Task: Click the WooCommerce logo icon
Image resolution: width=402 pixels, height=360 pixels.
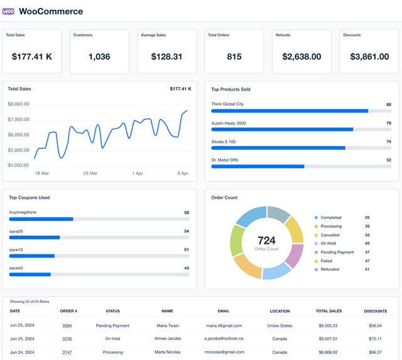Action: pos(9,11)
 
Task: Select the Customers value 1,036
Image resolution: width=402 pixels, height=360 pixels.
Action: pos(99,57)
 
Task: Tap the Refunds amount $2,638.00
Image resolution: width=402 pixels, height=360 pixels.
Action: pos(301,57)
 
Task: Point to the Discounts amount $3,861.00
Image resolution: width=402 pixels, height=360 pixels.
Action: pos(369,57)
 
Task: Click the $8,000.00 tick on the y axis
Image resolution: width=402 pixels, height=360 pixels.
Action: pos(19,104)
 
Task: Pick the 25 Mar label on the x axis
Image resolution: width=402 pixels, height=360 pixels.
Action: pos(90,173)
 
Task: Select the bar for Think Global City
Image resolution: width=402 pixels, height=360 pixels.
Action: pos(290,111)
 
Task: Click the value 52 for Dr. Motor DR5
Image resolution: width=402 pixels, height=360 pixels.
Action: pos(389,160)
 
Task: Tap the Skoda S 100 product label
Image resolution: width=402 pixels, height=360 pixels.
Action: pos(224,142)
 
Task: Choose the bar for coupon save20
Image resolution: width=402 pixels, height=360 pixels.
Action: pos(35,237)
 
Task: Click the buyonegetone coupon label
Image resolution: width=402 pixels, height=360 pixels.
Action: pos(23,212)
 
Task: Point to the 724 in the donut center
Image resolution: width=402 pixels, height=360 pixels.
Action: pos(266,241)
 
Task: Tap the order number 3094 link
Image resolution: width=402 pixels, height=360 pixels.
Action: pos(67,325)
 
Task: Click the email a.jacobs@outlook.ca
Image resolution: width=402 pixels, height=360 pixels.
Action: pos(224,339)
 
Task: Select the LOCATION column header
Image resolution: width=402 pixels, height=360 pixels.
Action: pos(280,311)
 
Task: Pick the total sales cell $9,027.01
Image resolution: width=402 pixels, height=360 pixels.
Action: pos(327,339)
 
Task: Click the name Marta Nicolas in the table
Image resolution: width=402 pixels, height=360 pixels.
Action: pos(167,352)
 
